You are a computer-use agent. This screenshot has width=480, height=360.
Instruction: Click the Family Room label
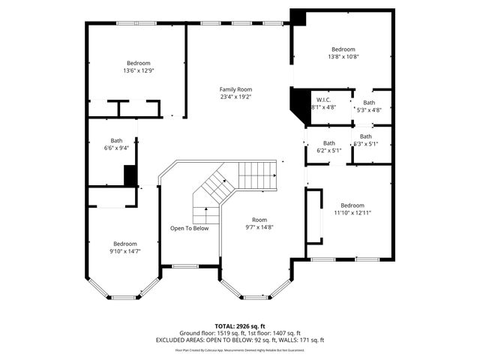(x=235, y=89)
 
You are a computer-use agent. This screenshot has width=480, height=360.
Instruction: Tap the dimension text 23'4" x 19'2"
(x=235, y=97)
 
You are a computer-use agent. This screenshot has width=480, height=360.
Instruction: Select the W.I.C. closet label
(x=323, y=100)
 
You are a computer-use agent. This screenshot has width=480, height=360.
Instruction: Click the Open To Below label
(x=189, y=228)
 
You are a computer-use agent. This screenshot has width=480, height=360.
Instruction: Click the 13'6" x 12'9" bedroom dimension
(x=138, y=70)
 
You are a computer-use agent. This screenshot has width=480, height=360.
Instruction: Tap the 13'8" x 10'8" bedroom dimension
(x=343, y=56)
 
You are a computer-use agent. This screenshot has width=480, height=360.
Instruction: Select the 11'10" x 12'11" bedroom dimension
(x=352, y=213)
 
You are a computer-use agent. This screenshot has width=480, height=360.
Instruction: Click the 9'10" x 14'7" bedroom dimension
(x=125, y=251)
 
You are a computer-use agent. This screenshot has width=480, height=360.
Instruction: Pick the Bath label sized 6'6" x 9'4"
(x=117, y=140)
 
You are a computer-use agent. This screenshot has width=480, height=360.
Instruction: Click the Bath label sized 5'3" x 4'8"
(x=369, y=103)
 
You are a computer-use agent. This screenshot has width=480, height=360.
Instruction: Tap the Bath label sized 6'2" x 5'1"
(x=328, y=143)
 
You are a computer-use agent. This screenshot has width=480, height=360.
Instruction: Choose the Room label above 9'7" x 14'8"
(x=259, y=220)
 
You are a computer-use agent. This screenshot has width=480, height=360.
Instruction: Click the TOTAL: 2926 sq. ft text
(x=239, y=326)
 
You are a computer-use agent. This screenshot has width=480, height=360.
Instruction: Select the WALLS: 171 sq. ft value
(x=302, y=340)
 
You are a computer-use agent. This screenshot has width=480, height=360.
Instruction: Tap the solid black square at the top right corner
(x=298, y=18)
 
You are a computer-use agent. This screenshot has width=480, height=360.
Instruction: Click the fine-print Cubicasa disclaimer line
(x=239, y=349)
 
